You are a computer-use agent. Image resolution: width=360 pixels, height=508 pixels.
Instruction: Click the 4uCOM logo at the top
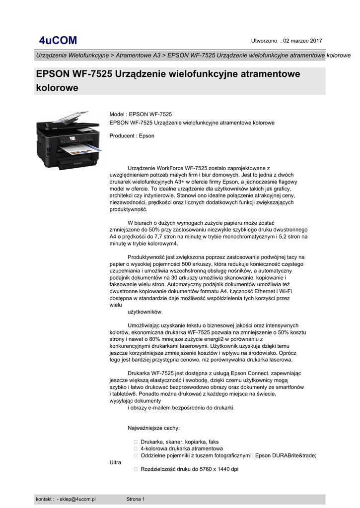pyautogui.click(x=58, y=40)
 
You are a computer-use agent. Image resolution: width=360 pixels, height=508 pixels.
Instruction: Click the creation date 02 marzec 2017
pyautogui.click(x=303, y=40)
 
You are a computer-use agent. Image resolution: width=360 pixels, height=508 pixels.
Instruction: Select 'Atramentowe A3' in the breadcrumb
pyautogui.click(x=140, y=56)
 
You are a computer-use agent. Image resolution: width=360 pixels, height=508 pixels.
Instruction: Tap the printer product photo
pyautogui.click(x=69, y=140)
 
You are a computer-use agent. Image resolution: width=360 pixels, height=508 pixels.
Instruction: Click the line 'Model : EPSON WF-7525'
pyautogui.click(x=141, y=114)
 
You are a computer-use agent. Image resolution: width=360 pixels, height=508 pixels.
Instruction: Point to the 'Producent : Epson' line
pyautogui.click(x=132, y=135)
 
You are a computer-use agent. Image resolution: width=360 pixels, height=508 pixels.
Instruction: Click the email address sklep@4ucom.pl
pyautogui.click(x=77, y=499)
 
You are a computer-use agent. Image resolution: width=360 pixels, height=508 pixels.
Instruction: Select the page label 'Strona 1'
pyautogui.click(x=136, y=499)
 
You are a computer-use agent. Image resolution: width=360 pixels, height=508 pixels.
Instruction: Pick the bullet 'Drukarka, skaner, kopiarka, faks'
pyautogui.click(x=179, y=442)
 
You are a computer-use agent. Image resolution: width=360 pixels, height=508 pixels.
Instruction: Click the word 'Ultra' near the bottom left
pyautogui.click(x=115, y=462)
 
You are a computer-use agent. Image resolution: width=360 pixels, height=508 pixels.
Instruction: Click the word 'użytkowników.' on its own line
pyautogui.click(x=145, y=312)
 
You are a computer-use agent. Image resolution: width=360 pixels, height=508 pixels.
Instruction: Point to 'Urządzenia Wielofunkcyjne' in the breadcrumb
pyautogui.click(x=72, y=56)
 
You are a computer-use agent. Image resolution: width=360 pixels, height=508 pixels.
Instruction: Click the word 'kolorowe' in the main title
pyautogui.click(x=57, y=88)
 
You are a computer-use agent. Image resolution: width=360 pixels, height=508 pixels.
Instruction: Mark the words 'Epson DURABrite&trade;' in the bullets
pyautogui.click(x=286, y=455)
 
